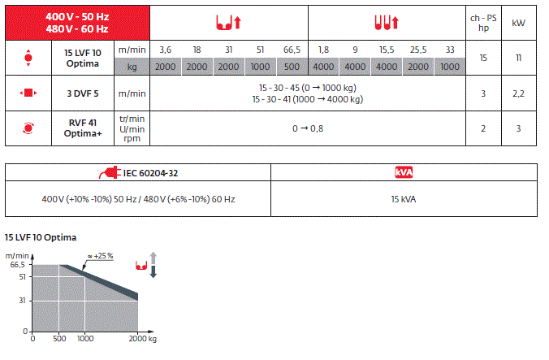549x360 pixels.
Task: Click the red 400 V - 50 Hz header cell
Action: [77, 23]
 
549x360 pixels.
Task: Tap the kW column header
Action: [518, 23]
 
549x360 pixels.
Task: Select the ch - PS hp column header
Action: [483, 23]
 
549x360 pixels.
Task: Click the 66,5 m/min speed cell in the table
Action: [292, 50]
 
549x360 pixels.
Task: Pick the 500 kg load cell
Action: [292, 67]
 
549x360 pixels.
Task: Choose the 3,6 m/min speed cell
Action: [165, 50]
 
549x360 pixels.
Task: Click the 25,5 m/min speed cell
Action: [418, 50]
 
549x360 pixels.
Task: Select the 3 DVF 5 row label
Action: [83, 93]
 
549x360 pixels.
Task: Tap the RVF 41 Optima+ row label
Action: [83, 128]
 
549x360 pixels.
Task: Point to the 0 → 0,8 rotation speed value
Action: [308, 128]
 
